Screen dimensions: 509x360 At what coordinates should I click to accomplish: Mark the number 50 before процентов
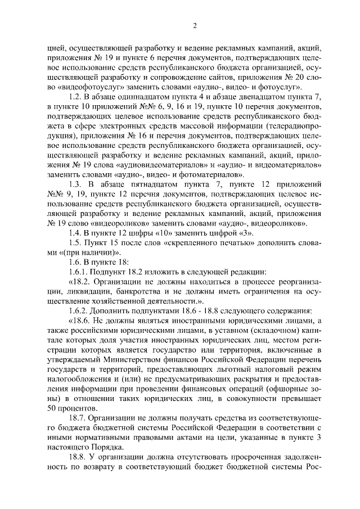pos(52,408)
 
